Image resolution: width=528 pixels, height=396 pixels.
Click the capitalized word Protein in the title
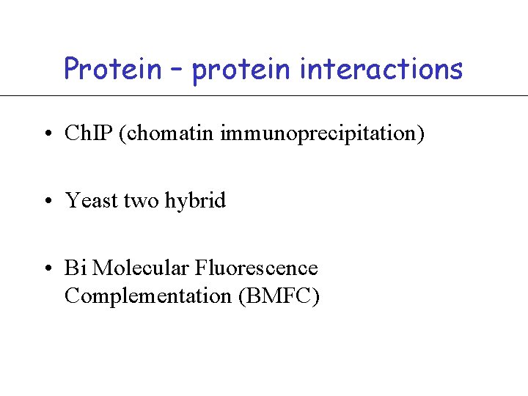[113, 69]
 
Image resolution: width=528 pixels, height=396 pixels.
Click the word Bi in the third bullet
[76, 268]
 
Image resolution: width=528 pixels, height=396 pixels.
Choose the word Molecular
[142, 268]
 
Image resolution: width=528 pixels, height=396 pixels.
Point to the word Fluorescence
[257, 268]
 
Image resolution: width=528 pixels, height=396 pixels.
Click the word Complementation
[148, 296]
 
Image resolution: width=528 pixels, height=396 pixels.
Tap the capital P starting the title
[72, 69]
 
